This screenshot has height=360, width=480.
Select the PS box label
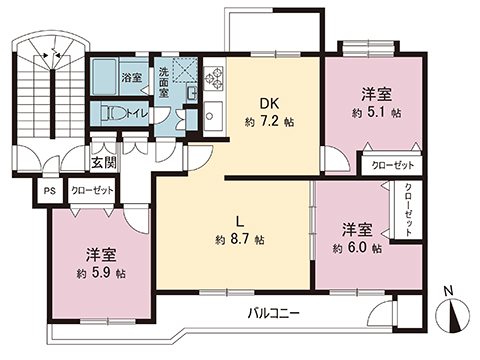[x=48, y=190]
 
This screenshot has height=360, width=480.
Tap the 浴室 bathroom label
[x=132, y=77]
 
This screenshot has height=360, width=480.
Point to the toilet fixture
[x=114, y=113]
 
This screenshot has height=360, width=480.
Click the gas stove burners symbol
[x=213, y=77]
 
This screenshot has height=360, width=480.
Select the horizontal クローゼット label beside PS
[x=93, y=190]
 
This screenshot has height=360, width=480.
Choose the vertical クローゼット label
[x=407, y=209]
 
